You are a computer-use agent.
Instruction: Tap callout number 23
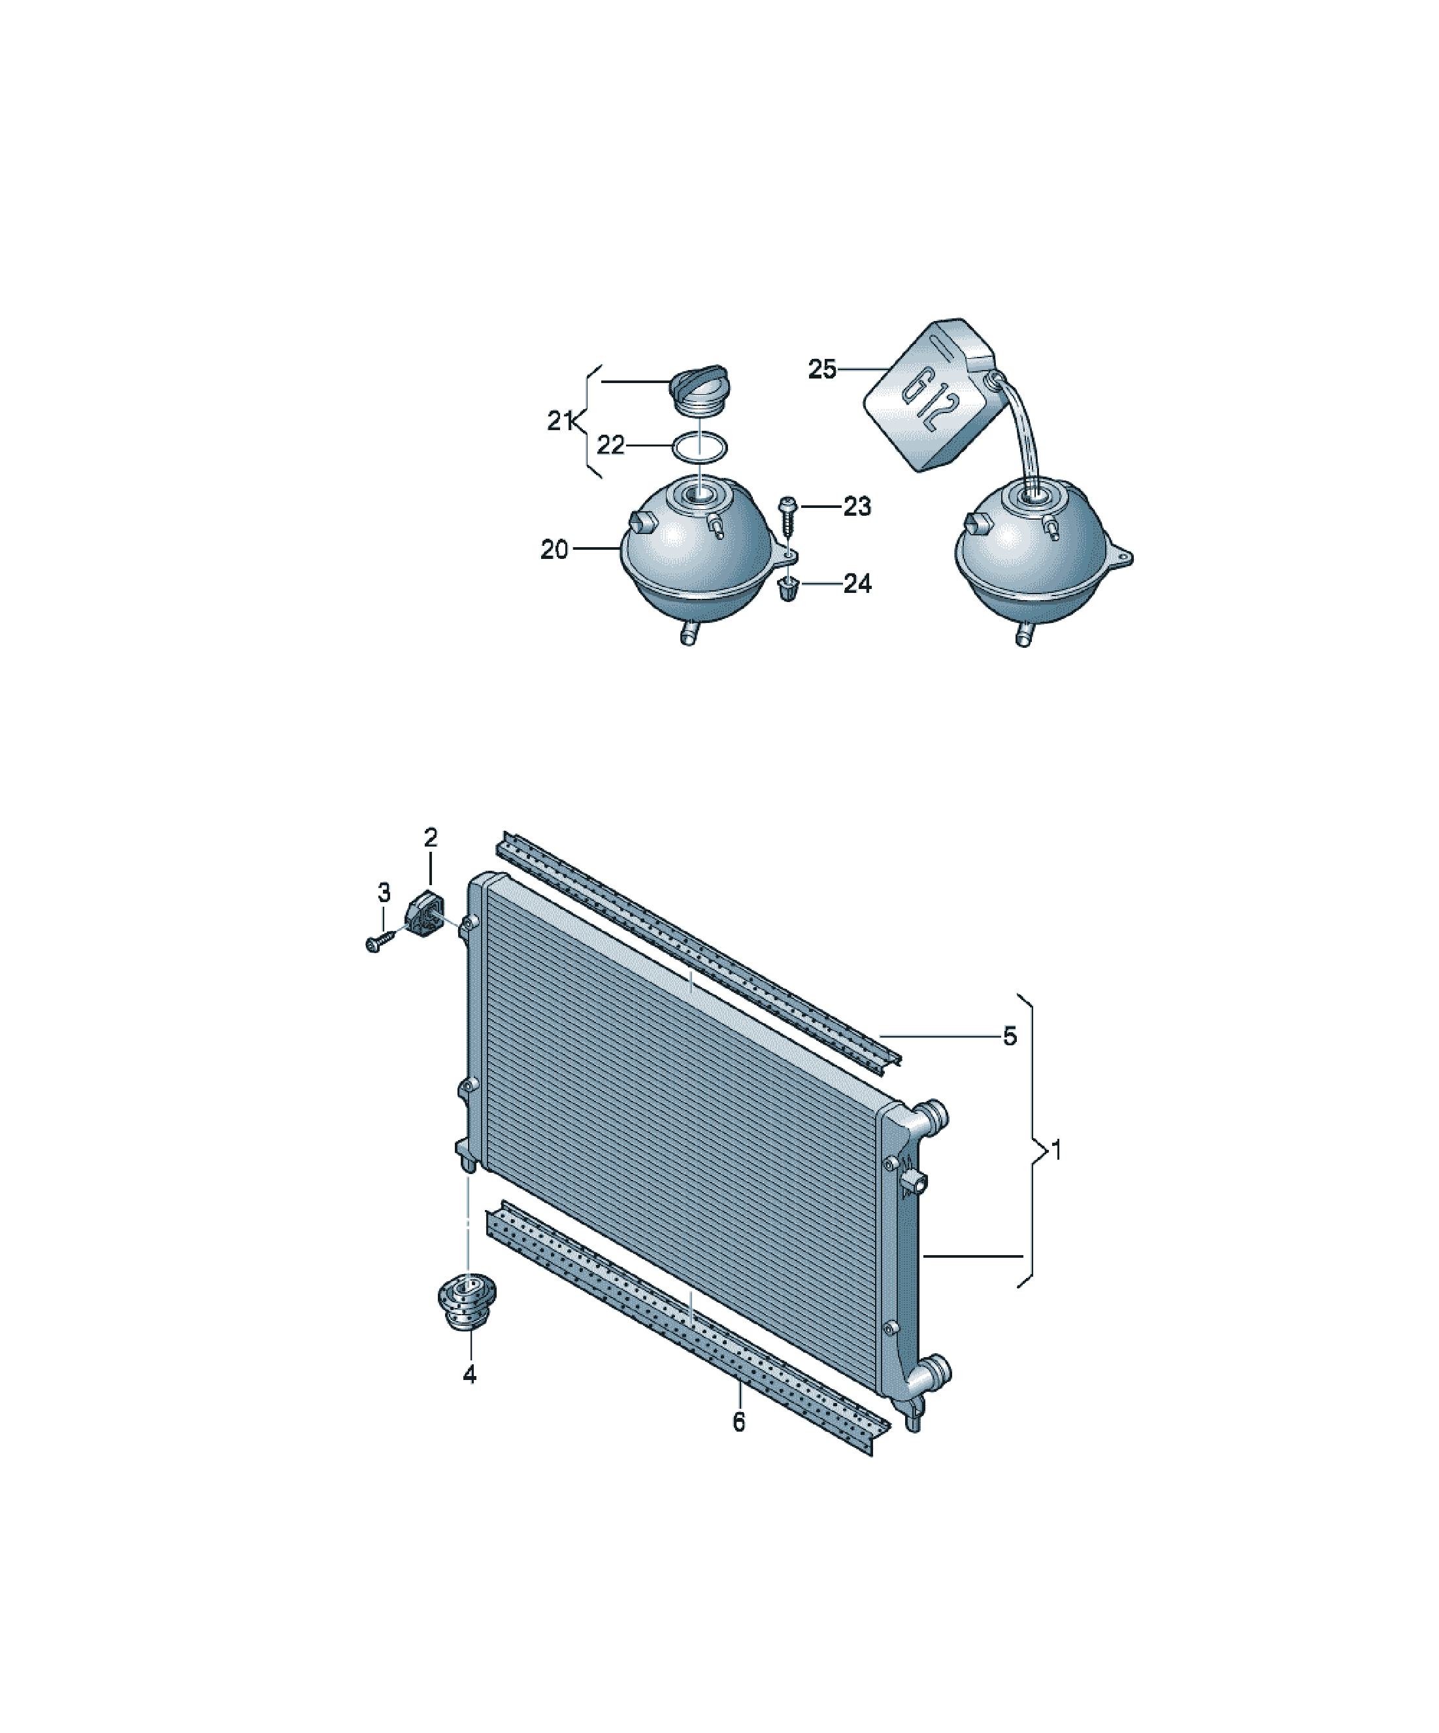[857, 506]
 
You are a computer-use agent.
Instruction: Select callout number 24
[857, 584]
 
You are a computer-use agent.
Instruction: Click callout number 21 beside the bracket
[561, 421]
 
